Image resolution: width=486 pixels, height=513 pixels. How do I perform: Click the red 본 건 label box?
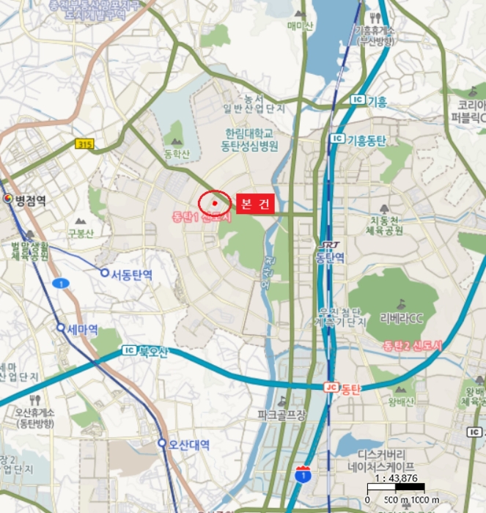254,203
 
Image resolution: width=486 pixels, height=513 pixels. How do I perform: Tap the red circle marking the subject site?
214,202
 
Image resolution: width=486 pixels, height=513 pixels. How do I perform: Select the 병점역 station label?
29,199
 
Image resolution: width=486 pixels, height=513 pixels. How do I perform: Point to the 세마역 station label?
82,329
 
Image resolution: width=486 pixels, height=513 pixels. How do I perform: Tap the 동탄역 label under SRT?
330,258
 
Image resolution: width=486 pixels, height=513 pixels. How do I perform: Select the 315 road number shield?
84,145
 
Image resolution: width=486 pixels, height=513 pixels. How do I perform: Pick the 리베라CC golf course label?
402,317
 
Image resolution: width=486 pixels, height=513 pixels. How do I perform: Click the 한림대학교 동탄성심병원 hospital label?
251,140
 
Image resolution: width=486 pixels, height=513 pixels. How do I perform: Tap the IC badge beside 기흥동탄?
336,139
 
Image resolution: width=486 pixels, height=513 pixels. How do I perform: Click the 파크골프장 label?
281,416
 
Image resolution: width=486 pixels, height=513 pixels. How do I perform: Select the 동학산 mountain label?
177,153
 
